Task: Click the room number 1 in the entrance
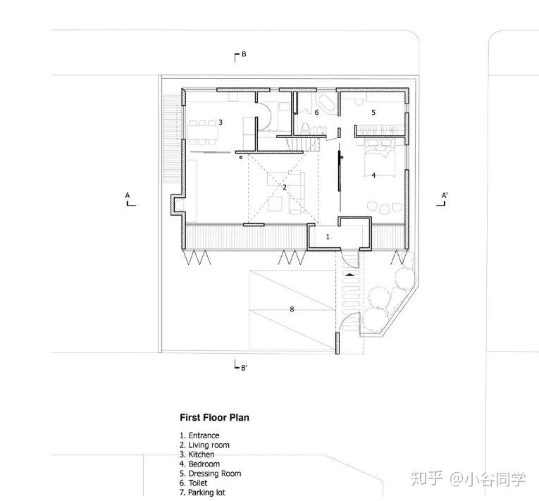(328, 237)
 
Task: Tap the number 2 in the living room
(285, 187)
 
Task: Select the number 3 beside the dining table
(221, 122)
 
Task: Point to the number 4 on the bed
(373, 175)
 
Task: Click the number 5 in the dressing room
(373, 113)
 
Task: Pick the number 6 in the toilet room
(316, 113)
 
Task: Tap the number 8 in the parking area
(292, 309)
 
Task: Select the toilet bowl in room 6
(305, 129)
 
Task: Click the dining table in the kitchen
(203, 132)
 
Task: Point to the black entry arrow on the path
(350, 274)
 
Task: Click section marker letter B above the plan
(244, 54)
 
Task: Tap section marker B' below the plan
(244, 368)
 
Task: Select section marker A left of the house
(128, 195)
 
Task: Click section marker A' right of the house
(445, 195)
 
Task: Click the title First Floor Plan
(214, 417)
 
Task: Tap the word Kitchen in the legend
(202, 454)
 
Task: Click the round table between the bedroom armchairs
(385, 209)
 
